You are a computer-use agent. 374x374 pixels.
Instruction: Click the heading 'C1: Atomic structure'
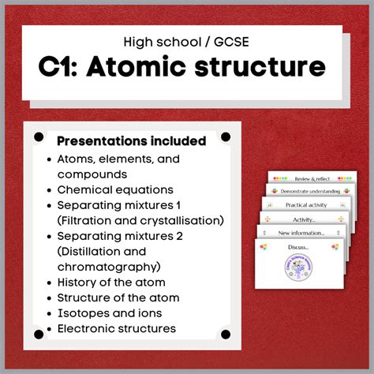[x=181, y=66]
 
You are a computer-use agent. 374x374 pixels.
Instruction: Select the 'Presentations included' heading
[x=131, y=141]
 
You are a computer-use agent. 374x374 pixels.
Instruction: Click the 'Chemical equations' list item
[x=115, y=189]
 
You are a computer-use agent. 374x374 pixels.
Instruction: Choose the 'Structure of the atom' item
[x=118, y=297]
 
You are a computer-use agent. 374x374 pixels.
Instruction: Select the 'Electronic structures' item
[x=117, y=328]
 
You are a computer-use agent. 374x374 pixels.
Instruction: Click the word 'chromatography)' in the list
[x=109, y=267]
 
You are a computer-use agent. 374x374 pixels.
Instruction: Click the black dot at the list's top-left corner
[x=39, y=137]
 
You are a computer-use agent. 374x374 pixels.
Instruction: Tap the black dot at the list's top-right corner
[x=226, y=137]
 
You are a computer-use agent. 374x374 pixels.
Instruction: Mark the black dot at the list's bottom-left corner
[x=39, y=335]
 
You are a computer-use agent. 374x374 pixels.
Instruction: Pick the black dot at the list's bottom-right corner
[x=226, y=335]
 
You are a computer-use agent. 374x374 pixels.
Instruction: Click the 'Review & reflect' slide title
[x=309, y=179]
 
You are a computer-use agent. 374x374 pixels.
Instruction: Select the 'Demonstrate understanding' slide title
[x=309, y=192]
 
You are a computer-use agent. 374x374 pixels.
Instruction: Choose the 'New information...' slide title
[x=301, y=234]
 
